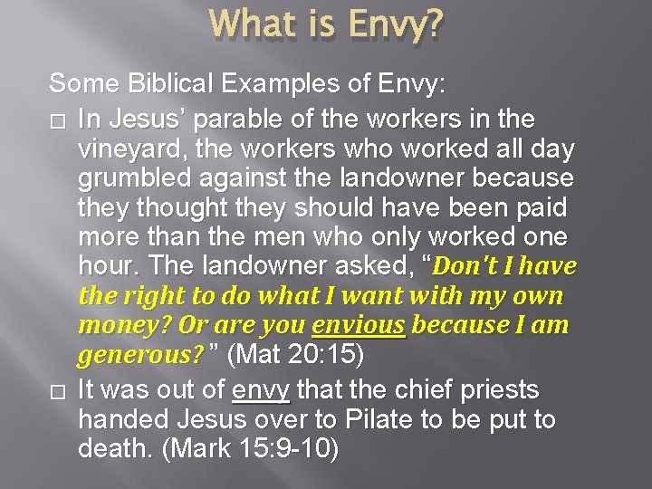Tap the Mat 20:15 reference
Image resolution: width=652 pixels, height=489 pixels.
(298, 356)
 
